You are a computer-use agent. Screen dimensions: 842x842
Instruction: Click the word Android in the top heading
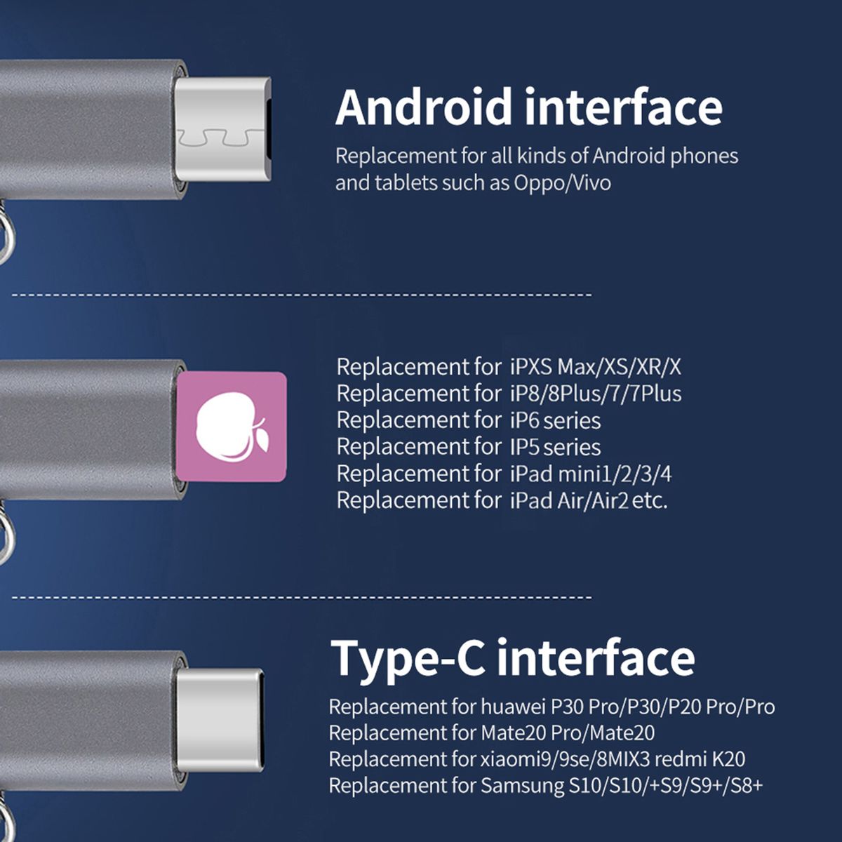(423, 107)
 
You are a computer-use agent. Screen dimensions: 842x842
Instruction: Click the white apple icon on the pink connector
(232, 427)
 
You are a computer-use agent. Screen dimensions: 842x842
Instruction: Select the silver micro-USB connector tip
(223, 130)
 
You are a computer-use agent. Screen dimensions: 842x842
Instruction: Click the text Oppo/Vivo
(562, 183)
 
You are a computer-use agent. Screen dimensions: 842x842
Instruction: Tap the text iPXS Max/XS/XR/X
(596, 367)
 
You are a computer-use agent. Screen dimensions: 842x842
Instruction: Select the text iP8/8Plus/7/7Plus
(596, 394)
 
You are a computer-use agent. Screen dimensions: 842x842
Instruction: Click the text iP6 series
(555, 420)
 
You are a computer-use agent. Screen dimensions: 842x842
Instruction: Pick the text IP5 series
(555, 447)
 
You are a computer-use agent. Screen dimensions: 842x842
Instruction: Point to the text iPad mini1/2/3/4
(592, 474)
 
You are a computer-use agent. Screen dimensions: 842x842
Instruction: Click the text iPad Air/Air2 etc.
(589, 501)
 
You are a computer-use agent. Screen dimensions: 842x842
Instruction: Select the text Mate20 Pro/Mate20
(568, 733)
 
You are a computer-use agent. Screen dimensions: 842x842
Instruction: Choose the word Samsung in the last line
(523, 786)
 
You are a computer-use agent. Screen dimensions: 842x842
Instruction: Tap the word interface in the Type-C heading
(596, 657)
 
